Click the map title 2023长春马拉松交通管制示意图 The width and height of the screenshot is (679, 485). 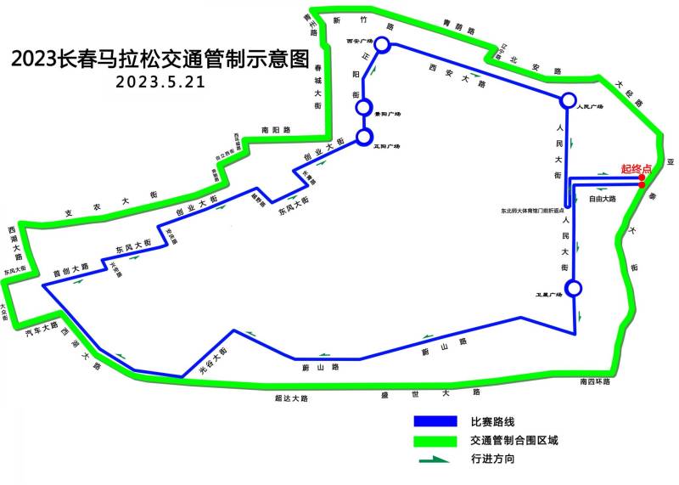click(157, 59)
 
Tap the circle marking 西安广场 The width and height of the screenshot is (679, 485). click(382, 44)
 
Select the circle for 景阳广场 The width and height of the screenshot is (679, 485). click(364, 108)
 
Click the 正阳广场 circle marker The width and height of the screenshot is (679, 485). click(365, 136)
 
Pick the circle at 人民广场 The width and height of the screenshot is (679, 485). click(567, 100)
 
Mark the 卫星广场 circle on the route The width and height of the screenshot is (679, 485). click(575, 288)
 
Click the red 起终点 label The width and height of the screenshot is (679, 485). click(636, 169)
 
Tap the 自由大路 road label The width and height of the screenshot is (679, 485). click(602, 199)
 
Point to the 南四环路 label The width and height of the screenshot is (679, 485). click(590, 381)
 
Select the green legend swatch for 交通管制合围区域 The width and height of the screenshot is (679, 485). click(435, 441)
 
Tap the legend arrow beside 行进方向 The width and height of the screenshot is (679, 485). click(435, 460)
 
